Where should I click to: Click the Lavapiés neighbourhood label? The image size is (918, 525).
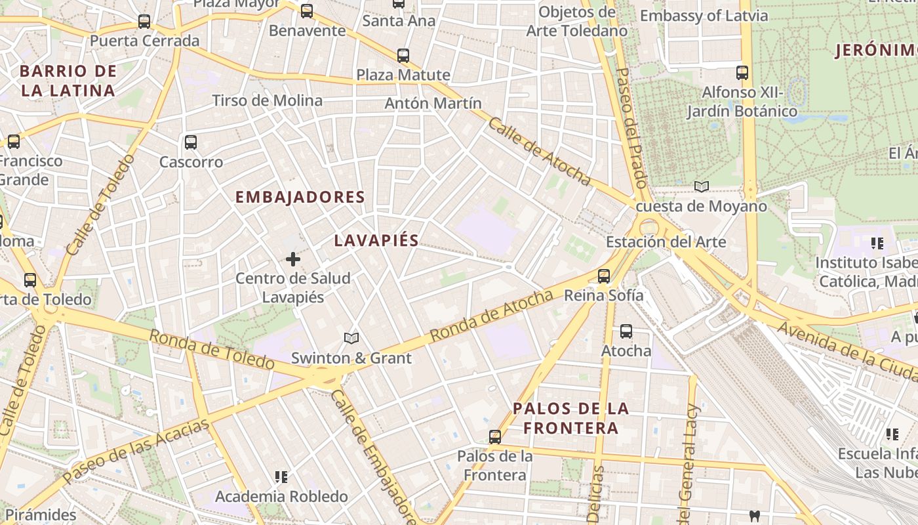tap(376, 240)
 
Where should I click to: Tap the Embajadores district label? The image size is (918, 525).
tap(300, 197)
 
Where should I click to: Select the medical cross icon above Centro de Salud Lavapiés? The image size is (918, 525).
tap(293, 260)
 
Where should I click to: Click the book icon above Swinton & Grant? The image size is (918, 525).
tap(351, 338)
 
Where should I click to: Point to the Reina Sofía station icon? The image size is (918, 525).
tap(604, 276)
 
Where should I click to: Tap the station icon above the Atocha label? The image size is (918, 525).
tap(626, 331)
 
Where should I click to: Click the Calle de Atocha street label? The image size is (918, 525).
tap(539, 152)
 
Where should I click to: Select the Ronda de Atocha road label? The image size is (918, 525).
tap(492, 316)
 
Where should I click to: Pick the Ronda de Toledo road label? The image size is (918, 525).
tap(211, 349)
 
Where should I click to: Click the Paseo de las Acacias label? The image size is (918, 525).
tap(136, 450)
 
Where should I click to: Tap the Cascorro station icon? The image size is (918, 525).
tap(191, 142)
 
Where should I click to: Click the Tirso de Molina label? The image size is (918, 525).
tap(267, 100)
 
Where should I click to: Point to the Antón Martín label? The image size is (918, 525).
tap(433, 103)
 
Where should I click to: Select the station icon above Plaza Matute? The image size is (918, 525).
tap(403, 56)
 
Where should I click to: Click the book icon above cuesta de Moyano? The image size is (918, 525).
tap(702, 187)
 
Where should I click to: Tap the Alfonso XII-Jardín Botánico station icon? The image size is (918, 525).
tap(742, 73)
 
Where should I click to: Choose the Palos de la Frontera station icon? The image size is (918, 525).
tap(495, 436)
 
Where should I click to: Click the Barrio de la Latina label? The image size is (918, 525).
tap(68, 81)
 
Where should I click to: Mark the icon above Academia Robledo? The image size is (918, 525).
tap(281, 477)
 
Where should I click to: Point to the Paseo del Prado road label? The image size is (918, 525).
tap(632, 128)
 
